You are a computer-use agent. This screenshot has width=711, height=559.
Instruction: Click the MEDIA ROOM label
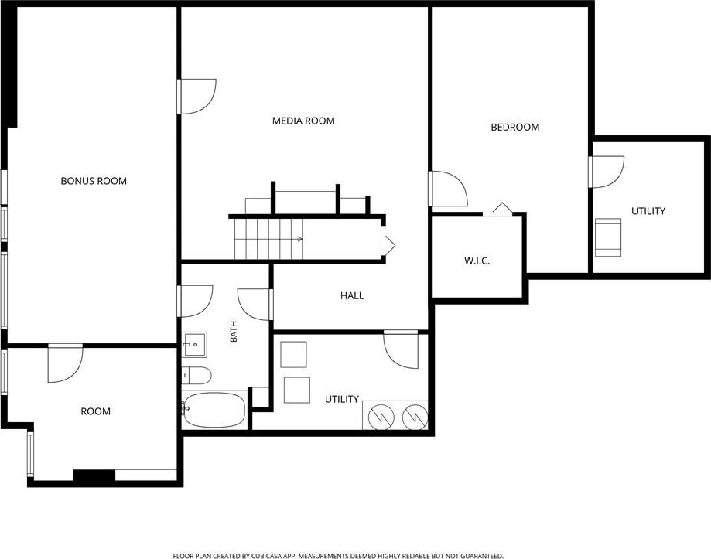[303, 121]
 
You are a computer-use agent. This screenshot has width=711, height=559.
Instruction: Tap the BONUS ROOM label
[94, 181]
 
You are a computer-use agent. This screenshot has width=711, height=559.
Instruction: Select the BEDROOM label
[515, 128]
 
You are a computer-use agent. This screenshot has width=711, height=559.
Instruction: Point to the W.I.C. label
[477, 261]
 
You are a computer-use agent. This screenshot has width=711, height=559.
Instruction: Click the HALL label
[352, 296]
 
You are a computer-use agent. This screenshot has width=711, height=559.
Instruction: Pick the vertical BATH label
[234, 332]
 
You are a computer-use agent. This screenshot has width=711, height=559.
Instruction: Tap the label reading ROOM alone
[95, 411]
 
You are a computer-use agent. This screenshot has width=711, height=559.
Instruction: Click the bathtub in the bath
[214, 410]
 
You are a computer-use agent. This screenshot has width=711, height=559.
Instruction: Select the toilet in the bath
[197, 376]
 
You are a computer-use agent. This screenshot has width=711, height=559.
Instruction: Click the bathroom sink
[194, 345]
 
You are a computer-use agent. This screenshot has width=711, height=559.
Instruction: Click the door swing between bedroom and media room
[448, 189]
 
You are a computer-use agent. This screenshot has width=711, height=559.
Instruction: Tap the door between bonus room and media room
[197, 97]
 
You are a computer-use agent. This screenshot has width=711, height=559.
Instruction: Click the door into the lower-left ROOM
[65, 363]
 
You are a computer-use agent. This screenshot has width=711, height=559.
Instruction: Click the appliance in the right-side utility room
[608, 237]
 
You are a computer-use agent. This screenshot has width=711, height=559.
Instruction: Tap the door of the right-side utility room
[607, 172]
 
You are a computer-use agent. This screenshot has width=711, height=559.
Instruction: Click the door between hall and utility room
[401, 349]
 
